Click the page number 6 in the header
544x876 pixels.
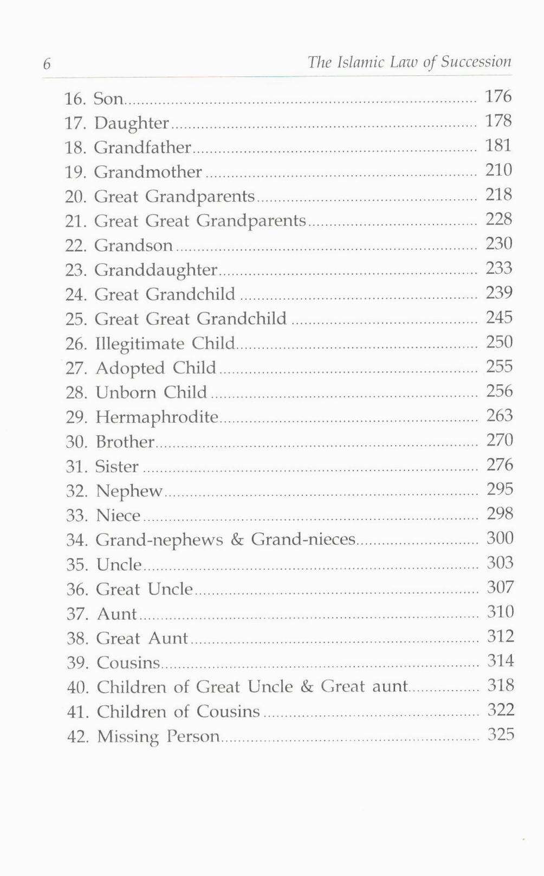click(x=47, y=64)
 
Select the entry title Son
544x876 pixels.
click(x=108, y=99)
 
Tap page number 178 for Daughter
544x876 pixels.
click(x=498, y=120)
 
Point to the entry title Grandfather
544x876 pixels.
click(x=143, y=147)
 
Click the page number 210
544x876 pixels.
click(x=498, y=170)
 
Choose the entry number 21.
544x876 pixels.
click(x=76, y=221)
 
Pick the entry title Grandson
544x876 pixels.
click(x=133, y=246)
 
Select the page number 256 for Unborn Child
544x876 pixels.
click(x=499, y=391)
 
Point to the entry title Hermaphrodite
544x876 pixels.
click(x=157, y=417)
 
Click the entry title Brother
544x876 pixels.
click(x=125, y=442)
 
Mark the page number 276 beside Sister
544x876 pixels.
click(x=499, y=465)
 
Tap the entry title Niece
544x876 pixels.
click(x=118, y=515)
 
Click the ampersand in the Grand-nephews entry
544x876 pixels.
click(x=237, y=540)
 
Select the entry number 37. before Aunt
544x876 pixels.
click(x=77, y=614)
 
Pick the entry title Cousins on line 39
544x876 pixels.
click(x=128, y=662)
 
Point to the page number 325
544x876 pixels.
click(x=500, y=735)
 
